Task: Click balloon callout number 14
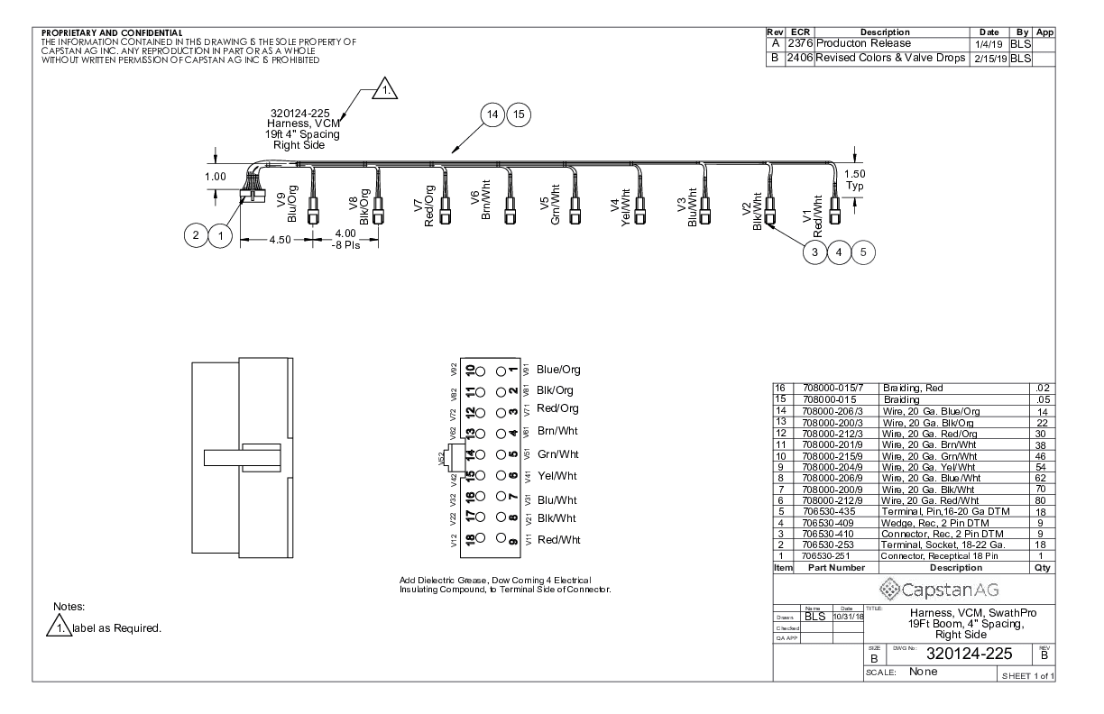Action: coord(492,115)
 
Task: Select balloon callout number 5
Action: coord(864,252)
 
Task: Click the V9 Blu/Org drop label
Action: coord(286,206)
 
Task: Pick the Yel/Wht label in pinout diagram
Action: coord(557,476)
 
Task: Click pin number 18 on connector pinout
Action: coord(468,540)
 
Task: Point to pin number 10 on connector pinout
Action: coord(468,371)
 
